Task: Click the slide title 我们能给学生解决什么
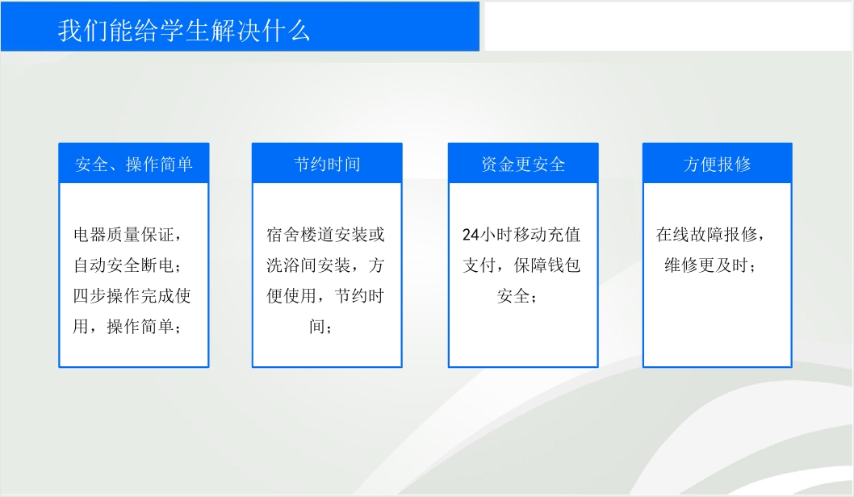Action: (184, 31)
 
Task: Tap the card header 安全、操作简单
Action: (134, 164)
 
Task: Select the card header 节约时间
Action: (327, 164)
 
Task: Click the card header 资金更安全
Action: (523, 164)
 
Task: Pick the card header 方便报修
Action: (718, 164)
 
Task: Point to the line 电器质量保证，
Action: (128, 235)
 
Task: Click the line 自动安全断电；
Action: (128, 265)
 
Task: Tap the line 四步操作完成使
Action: (132, 295)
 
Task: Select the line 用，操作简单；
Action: (128, 326)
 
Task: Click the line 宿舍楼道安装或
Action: (325, 235)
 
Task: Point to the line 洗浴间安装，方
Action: (325, 265)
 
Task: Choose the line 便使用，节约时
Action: (325, 295)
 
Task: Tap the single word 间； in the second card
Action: (320, 326)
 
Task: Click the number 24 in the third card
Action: (471, 235)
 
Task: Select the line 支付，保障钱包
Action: (521, 265)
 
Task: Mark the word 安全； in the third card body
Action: (517, 295)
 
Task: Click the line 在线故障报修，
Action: (711, 235)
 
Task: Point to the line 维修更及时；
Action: (710, 265)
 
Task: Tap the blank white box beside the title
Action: (668, 26)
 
